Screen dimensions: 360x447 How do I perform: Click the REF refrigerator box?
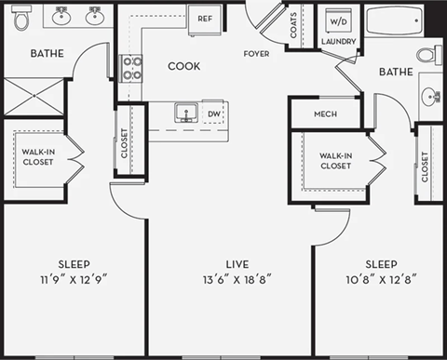[x=205, y=17]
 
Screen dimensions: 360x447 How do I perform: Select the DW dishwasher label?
[x=214, y=114]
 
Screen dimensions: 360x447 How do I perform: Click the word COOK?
[x=184, y=66]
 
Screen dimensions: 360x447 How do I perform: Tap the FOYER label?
[x=257, y=54]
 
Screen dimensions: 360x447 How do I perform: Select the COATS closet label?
[x=294, y=25]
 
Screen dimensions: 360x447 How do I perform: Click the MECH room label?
[x=325, y=114]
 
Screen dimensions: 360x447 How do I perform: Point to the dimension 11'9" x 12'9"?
[x=74, y=278]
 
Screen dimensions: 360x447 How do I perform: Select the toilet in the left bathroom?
[x=22, y=16]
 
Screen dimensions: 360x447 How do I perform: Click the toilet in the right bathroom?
[x=428, y=54]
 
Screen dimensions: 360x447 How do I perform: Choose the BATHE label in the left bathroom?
[x=47, y=53]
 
